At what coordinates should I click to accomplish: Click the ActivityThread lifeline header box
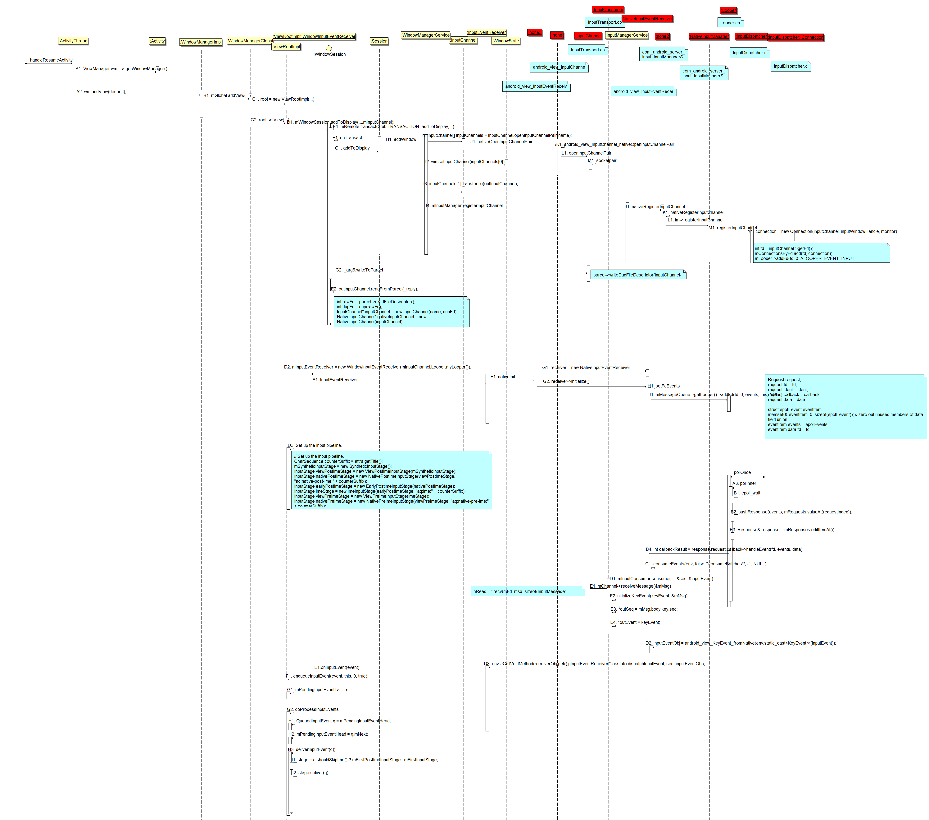[x=73, y=41]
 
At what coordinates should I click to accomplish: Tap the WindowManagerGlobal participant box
[x=250, y=41]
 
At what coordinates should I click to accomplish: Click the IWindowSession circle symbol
[x=329, y=48]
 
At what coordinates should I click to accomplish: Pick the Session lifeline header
[x=379, y=41]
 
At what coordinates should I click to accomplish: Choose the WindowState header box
[x=506, y=41]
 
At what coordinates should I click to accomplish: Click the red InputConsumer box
[x=608, y=10]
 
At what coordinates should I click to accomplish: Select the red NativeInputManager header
[x=709, y=36]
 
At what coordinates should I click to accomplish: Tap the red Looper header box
[x=729, y=11]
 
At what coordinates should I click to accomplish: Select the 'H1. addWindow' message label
[x=401, y=140]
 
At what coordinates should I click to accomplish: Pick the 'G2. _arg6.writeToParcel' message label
[x=359, y=270]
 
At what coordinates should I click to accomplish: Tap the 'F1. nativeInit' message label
[x=503, y=377]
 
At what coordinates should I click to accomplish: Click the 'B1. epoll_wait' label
[x=747, y=493]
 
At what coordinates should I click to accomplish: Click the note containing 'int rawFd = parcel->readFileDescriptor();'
[x=401, y=312]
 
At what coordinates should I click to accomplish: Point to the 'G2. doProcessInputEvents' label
[x=313, y=710]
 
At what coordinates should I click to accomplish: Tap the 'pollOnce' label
[x=742, y=473]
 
